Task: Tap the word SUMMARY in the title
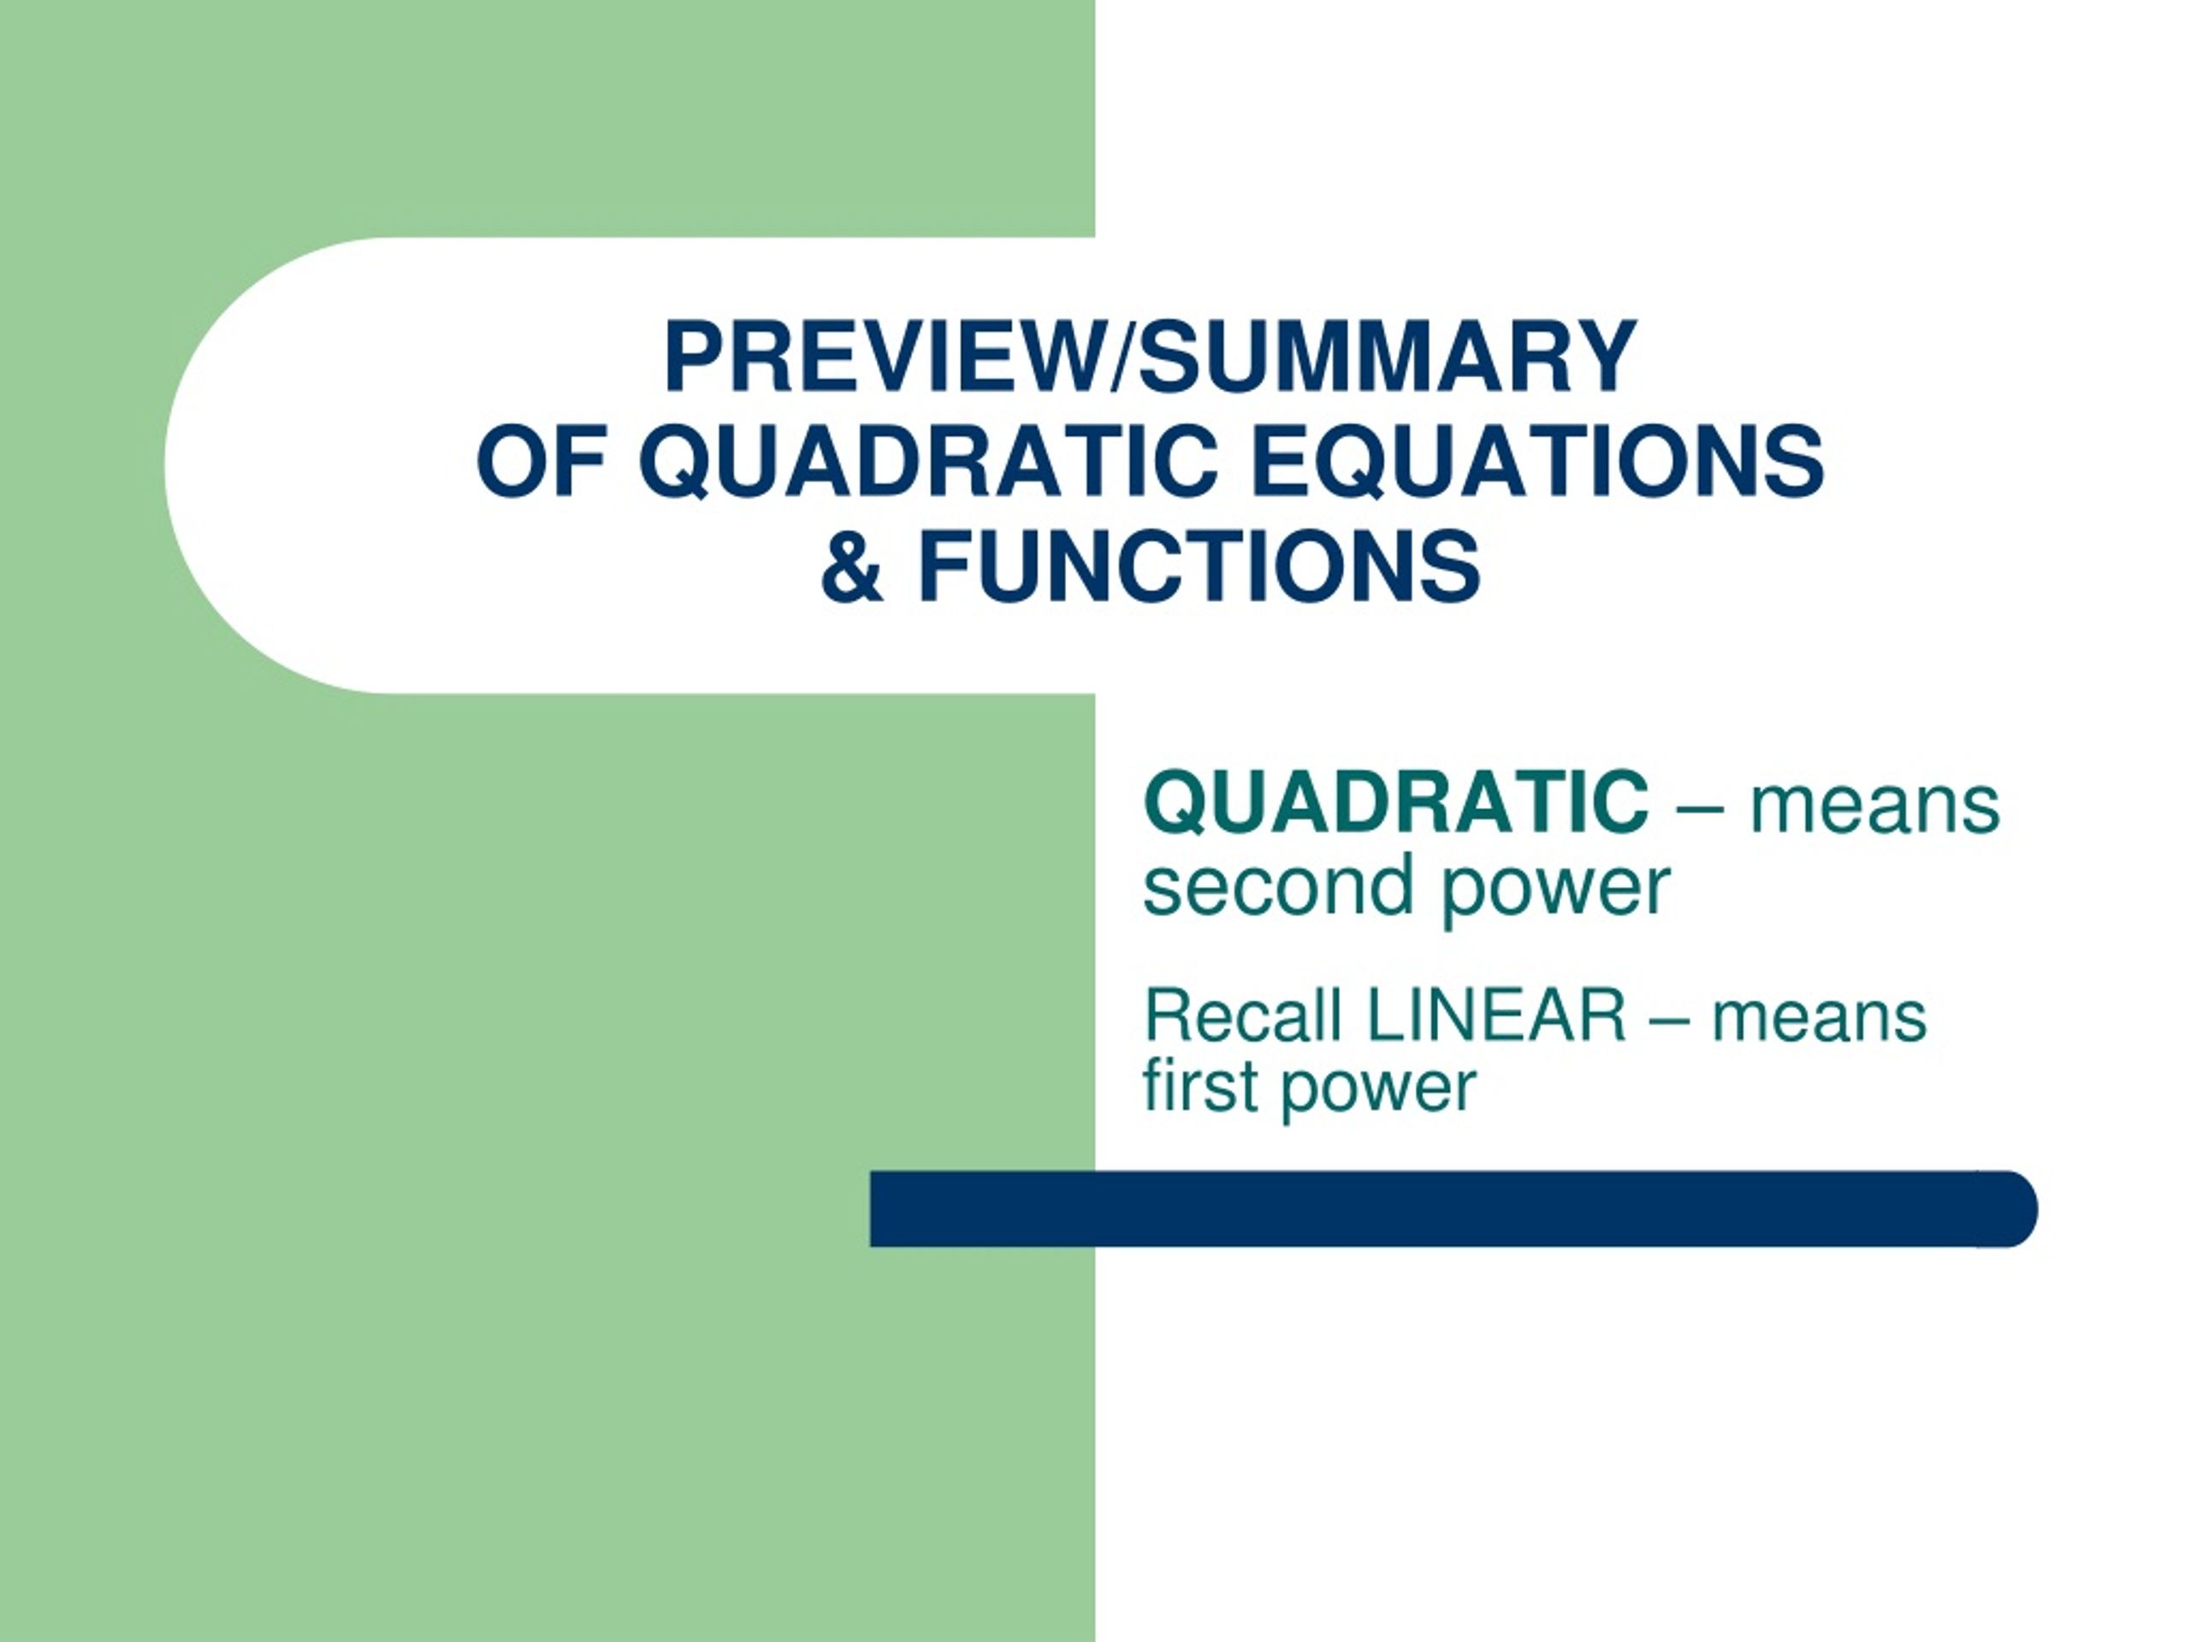click(x=1387, y=357)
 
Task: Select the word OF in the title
click(x=541, y=461)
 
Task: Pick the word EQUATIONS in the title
click(x=1537, y=461)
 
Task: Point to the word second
click(x=1278, y=885)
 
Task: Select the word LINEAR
click(x=1496, y=1014)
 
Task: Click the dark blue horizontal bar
click(x=1453, y=1208)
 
